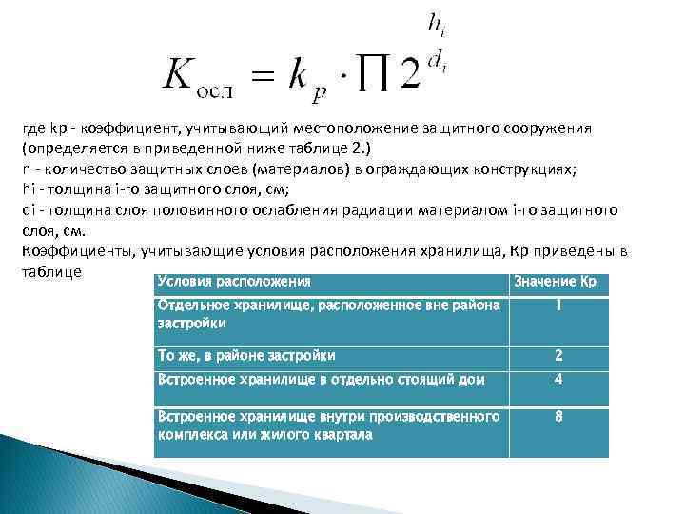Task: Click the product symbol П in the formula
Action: (373, 73)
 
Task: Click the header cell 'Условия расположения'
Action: (234, 283)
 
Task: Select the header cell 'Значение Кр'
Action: (555, 283)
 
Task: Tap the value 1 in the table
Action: (559, 307)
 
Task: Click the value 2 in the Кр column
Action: (559, 357)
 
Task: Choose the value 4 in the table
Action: (559, 379)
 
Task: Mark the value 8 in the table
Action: (559, 417)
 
